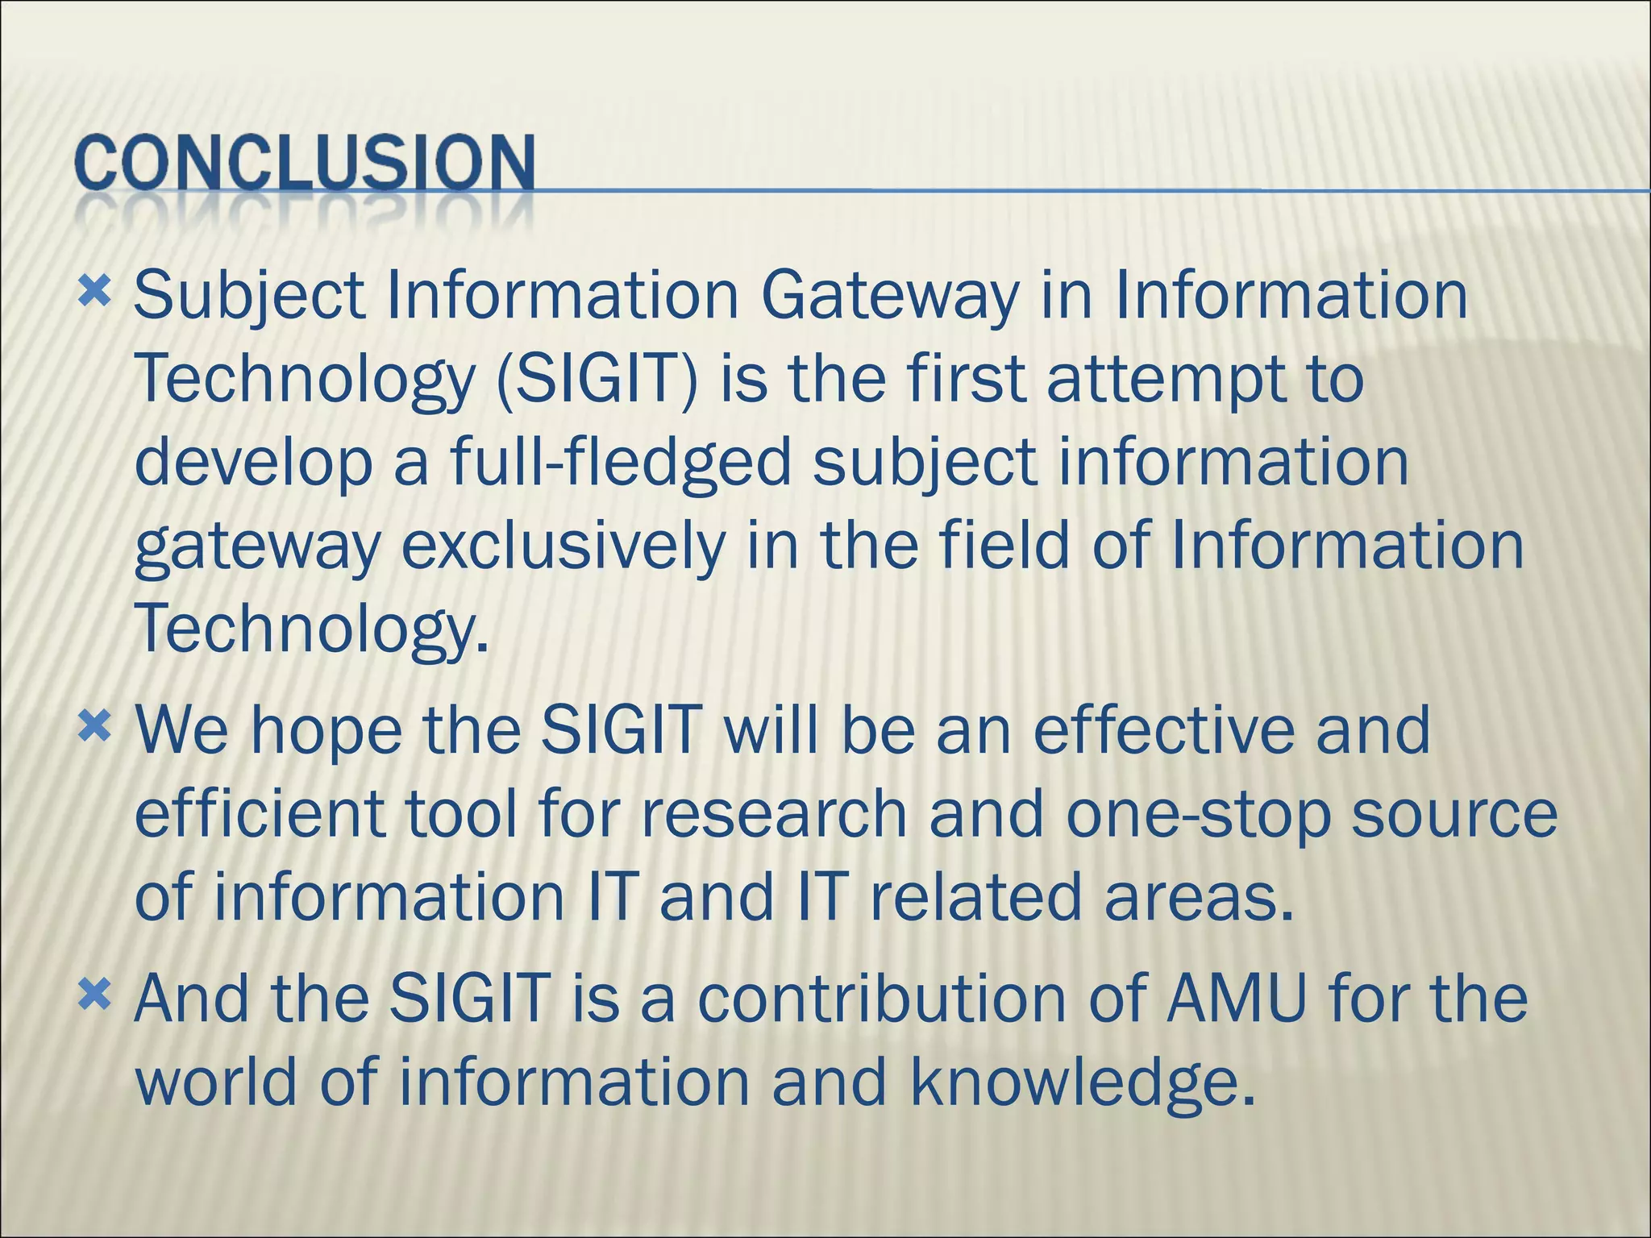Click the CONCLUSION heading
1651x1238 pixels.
(x=305, y=163)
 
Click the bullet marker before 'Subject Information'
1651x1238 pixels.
(x=94, y=292)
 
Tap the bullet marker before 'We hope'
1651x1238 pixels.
(x=94, y=728)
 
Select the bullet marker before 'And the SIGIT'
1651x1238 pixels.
(x=94, y=997)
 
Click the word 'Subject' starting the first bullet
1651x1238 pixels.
(x=249, y=297)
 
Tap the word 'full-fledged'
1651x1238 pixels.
(x=621, y=464)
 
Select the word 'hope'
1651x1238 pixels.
(x=326, y=732)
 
